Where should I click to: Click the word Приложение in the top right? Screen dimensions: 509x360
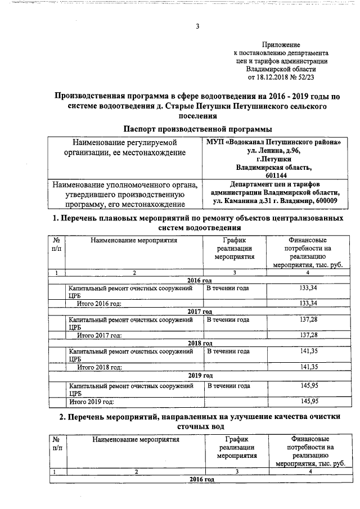coord(281,44)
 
